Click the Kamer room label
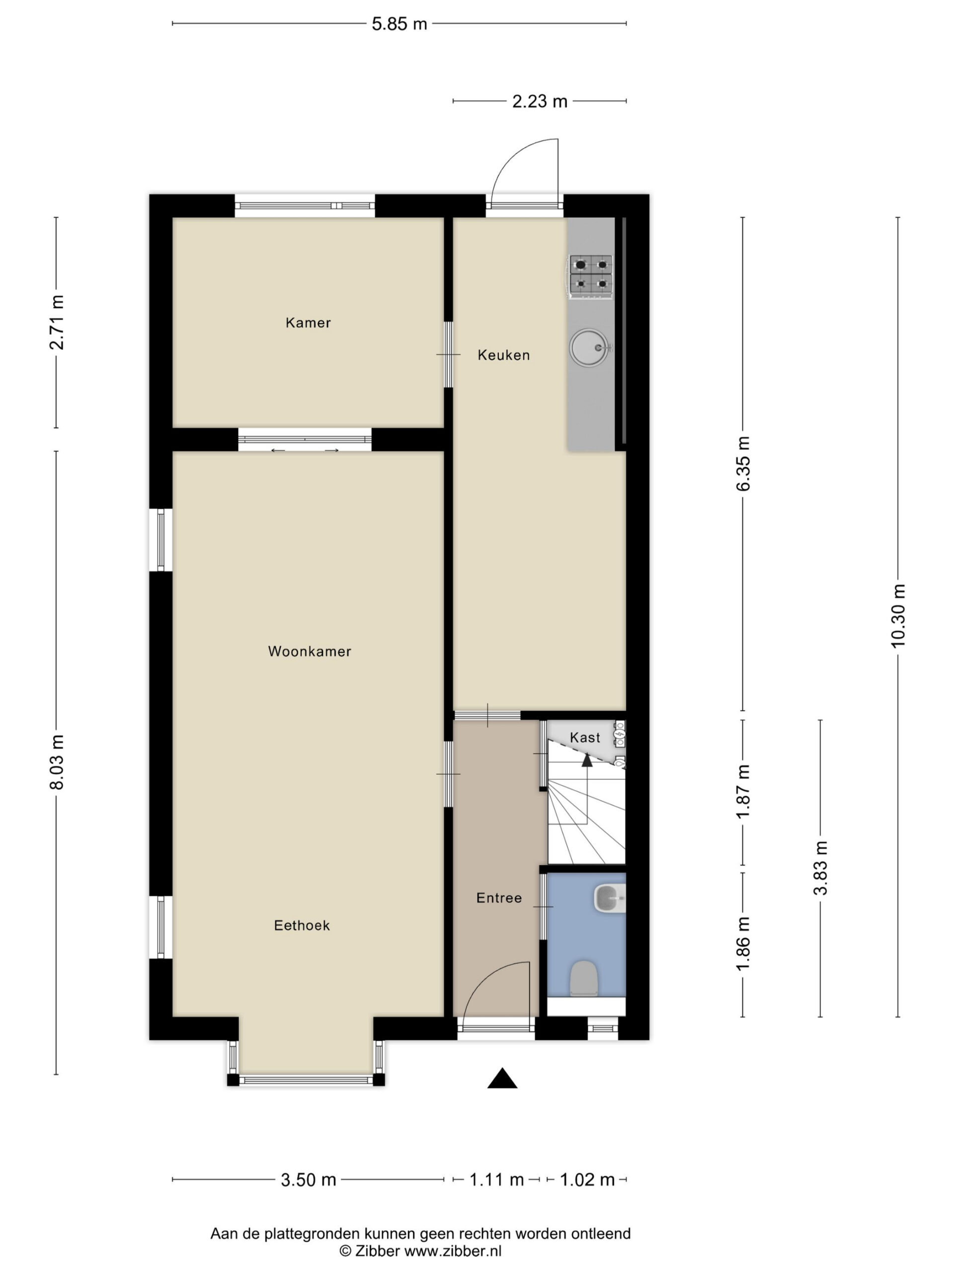pos(308,322)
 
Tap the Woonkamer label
pos(310,651)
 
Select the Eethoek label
pos(302,925)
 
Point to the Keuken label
pos(504,355)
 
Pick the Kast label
pos(585,737)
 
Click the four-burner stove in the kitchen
pos(591,277)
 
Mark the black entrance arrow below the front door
pos(502,1079)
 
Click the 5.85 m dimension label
pos(399,23)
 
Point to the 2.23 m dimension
pos(540,101)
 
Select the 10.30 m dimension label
pos(898,615)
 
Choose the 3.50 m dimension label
pos(308,1180)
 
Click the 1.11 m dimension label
pos(497,1180)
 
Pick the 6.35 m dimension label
pos(743,463)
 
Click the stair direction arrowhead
pos(586,760)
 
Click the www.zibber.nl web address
pos(453,1251)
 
